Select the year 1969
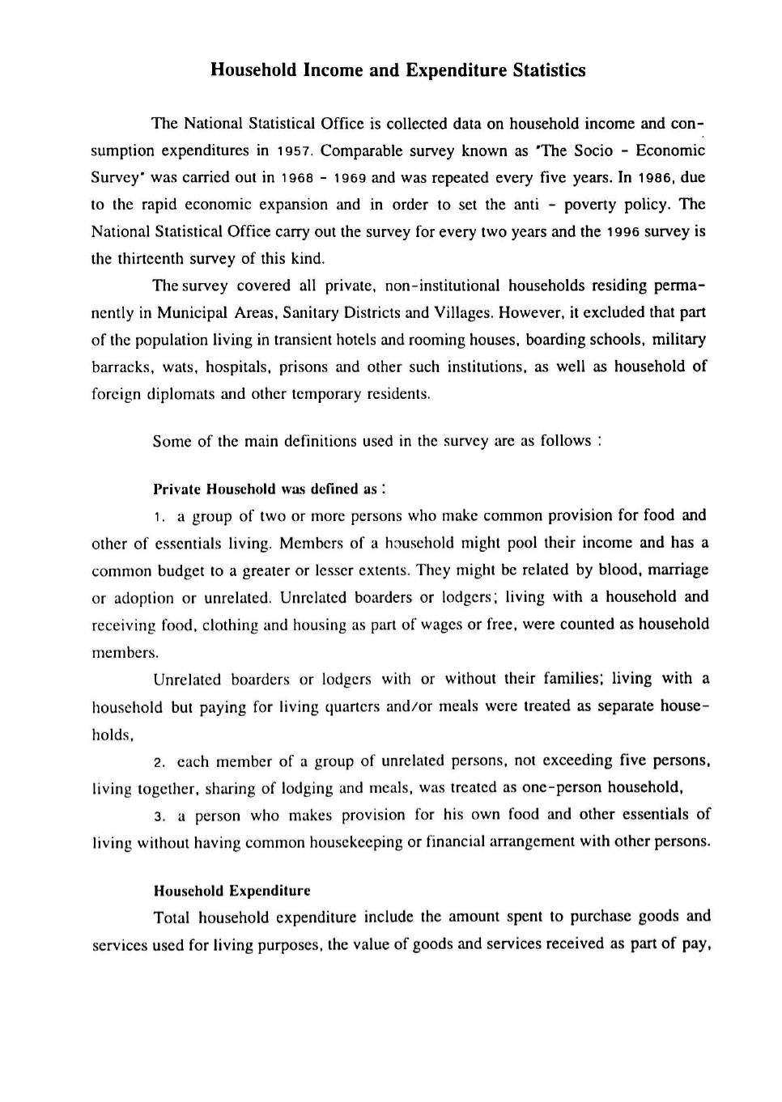(350, 178)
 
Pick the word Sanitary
(313, 313)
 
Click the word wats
(179, 367)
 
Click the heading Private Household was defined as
(267, 490)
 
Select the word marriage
(678, 570)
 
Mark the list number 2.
(159, 762)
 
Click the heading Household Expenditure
(232, 891)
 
